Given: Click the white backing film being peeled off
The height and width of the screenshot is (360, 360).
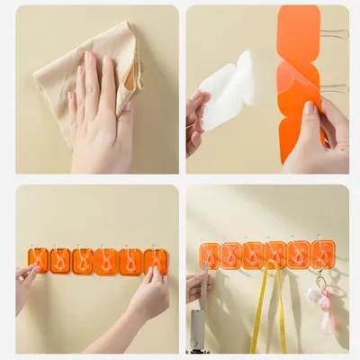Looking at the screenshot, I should point(229,90).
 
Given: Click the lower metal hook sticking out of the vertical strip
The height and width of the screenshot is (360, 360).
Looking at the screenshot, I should point(336,87).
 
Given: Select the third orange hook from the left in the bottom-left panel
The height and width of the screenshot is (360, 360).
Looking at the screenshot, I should point(83,261).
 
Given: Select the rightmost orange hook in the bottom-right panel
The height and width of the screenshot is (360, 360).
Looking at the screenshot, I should point(323,255).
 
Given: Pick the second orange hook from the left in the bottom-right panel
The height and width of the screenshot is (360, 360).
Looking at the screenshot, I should point(231,256).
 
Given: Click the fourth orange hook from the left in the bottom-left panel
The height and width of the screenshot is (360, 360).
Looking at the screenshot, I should point(106,261).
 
